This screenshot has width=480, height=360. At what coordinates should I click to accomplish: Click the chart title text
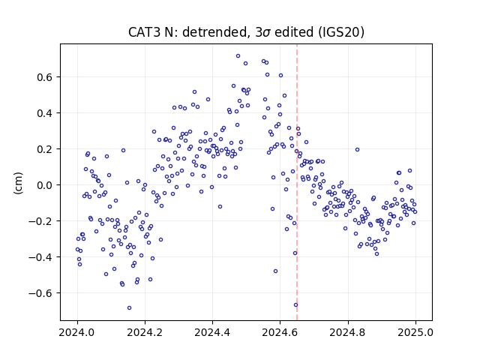pyautogui.click(x=246, y=32)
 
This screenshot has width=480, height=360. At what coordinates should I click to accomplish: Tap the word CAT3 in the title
pyautogui.click(x=144, y=32)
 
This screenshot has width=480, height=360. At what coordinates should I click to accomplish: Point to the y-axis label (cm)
pyautogui.click(x=18, y=183)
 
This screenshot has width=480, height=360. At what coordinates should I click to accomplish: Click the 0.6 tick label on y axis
pyautogui.click(x=45, y=77)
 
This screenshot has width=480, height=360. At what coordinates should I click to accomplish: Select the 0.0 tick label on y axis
pyautogui.click(x=45, y=185)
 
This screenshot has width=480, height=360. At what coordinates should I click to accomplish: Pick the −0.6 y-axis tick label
pyautogui.click(x=40, y=293)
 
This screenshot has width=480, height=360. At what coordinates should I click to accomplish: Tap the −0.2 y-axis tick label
pyautogui.click(x=40, y=221)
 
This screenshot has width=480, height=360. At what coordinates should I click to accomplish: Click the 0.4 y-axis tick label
pyautogui.click(x=45, y=113)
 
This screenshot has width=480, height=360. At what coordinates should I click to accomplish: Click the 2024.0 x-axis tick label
pyautogui.click(x=77, y=332)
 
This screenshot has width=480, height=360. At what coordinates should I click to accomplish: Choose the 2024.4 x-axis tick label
pyautogui.click(x=212, y=332)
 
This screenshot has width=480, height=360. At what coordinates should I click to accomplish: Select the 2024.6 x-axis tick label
pyautogui.click(x=280, y=332)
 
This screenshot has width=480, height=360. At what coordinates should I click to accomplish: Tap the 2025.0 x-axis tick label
pyautogui.click(x=415, y=332)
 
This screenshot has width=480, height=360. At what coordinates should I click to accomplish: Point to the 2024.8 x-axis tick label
pyautogui.click(x=347, y=332)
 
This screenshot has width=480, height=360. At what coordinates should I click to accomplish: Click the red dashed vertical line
pyautogui.click(x=297, y=182)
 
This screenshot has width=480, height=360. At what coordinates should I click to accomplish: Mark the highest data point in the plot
pyautogui.click(x=238, y=56)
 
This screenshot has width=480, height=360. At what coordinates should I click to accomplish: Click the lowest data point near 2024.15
pyautogui.click(x=129, y=308)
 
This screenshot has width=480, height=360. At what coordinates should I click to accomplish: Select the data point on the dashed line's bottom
pyautogui.click(x=295, y=305)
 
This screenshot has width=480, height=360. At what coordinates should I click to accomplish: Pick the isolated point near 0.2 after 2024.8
pyautogui.click(x=357, y=150)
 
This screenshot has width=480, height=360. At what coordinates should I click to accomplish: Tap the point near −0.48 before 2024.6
pyautogui.click(x=275, y=271)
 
